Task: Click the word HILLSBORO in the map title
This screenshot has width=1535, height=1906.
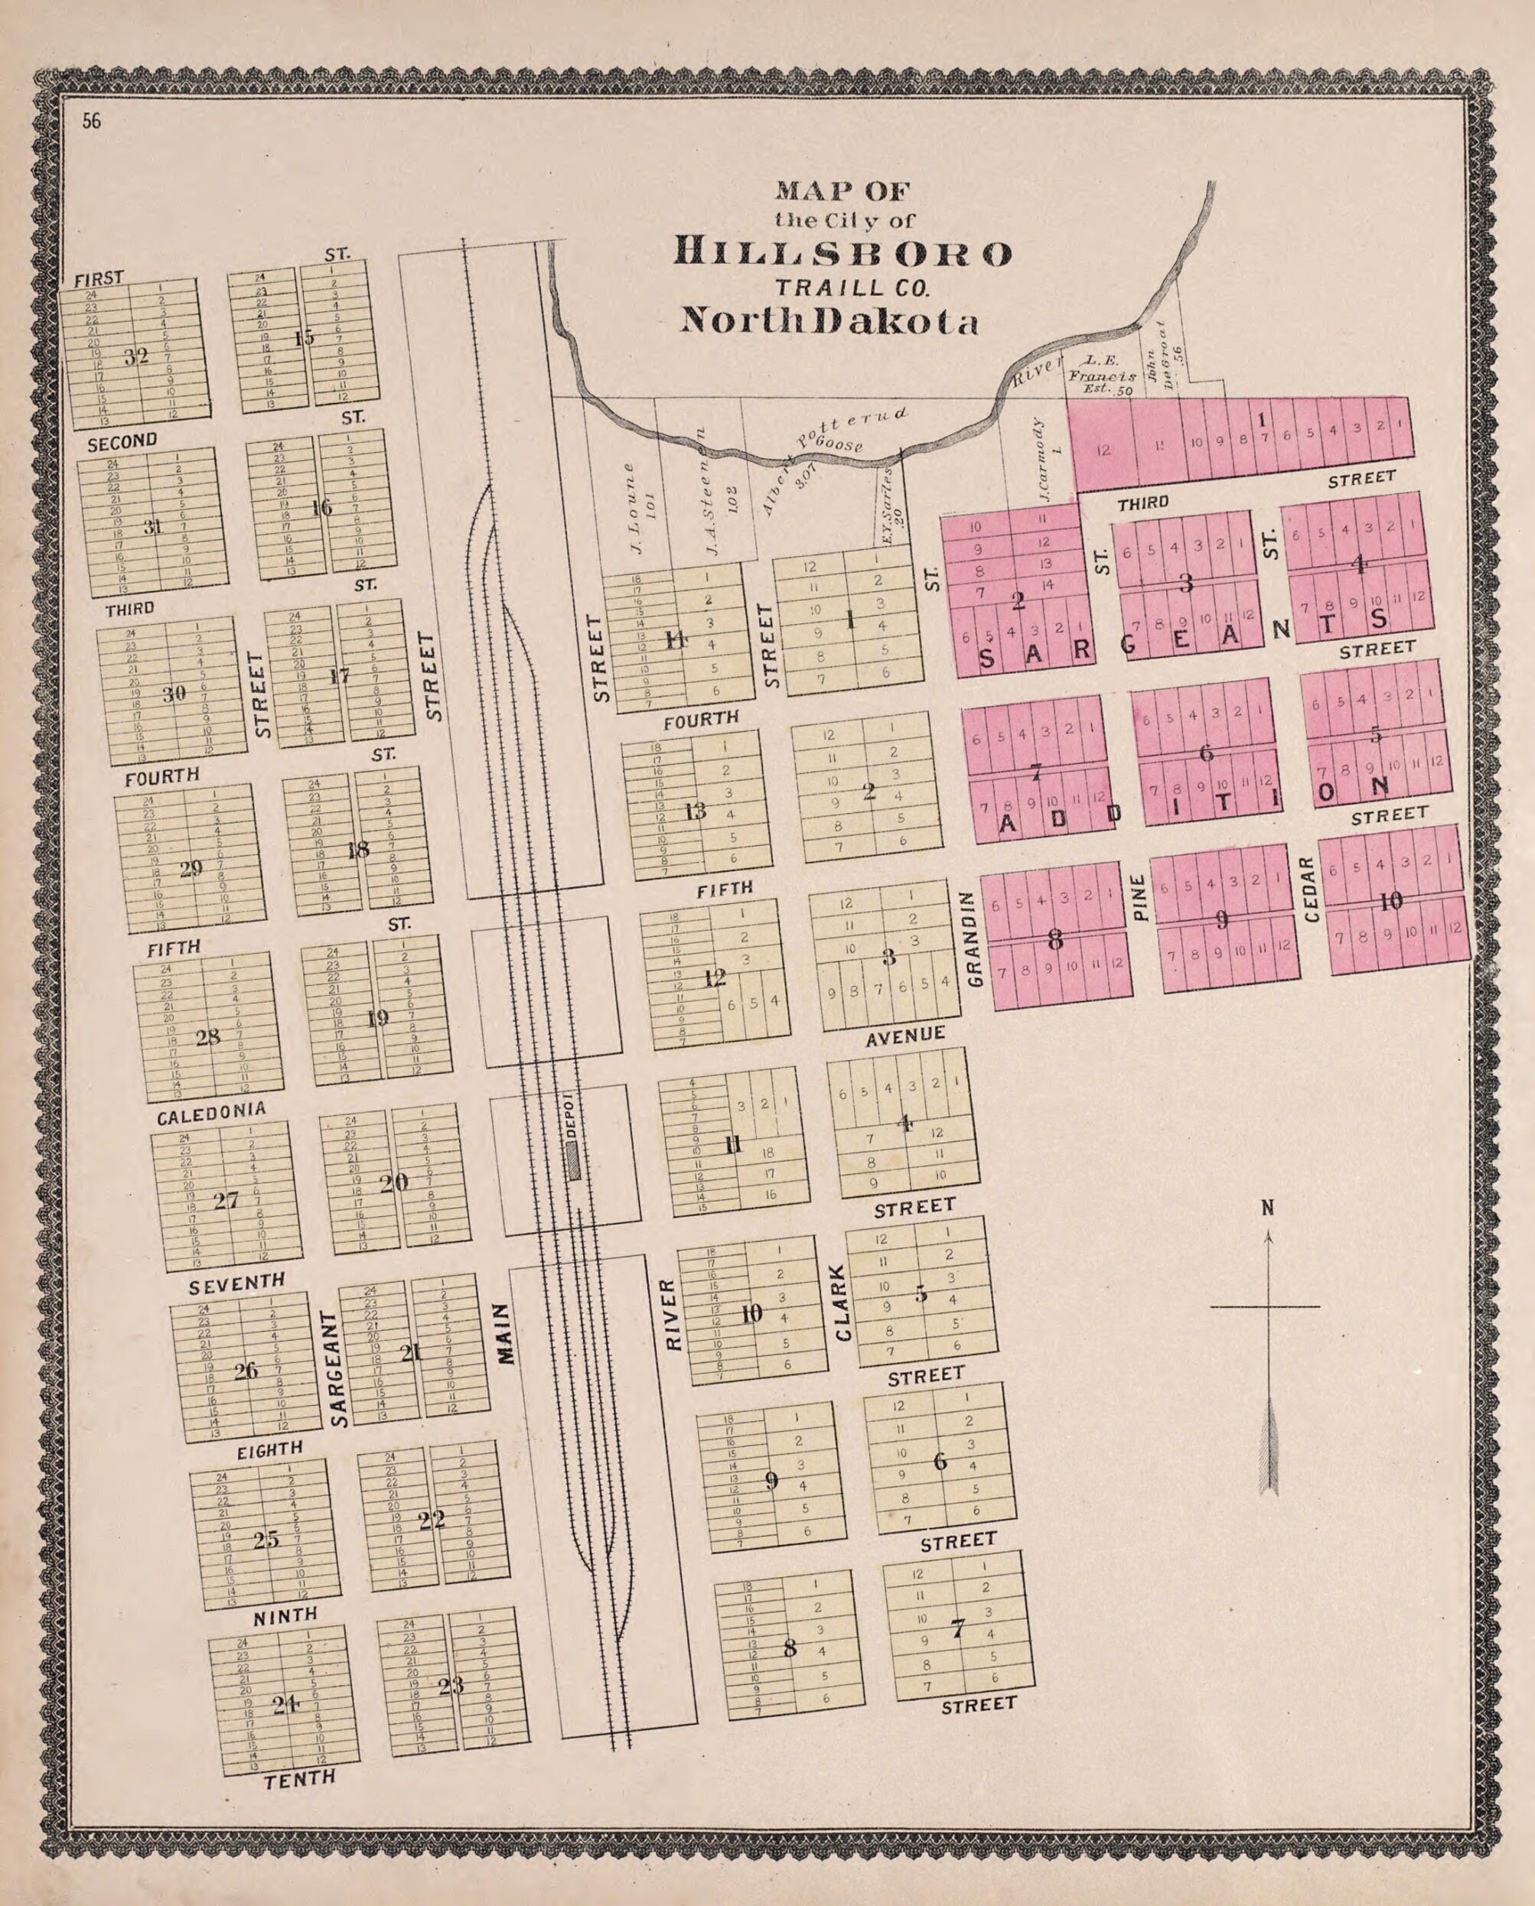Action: coord(842,254)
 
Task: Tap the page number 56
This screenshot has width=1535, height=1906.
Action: coord(92,122)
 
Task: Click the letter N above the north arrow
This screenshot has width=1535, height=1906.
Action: coord(1267,1208)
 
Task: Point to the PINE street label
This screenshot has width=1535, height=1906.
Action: coord(1139,898)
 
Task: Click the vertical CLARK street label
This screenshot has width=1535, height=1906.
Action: coord(842,1314)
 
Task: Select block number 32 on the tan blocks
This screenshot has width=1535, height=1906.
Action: coord(136,356)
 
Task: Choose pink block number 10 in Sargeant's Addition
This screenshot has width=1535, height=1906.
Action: coord(1391,902)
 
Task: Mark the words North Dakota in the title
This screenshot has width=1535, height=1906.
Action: coord(829,321)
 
